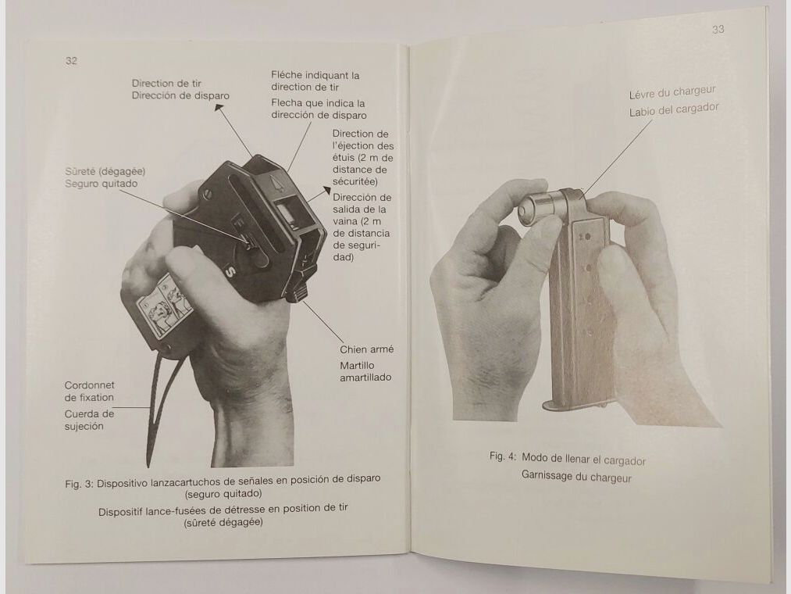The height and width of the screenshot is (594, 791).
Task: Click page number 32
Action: tap(71, 61)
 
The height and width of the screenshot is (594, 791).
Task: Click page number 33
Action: tap(718, 29)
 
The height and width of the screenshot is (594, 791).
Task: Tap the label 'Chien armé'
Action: tap(365, 349)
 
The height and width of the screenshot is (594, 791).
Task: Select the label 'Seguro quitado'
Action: tap(102, 183)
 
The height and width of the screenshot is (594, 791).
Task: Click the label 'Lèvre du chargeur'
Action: tap(672, 94)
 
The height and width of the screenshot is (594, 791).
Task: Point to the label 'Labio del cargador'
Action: tap(673, 110)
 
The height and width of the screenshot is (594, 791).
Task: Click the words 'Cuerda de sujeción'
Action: tap(89, 420)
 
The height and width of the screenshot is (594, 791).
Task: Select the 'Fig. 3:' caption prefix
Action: tap(79, 482)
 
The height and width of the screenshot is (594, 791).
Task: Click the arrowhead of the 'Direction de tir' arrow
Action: tap(218, 109)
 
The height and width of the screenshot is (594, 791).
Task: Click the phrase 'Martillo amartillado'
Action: tap(365, 371)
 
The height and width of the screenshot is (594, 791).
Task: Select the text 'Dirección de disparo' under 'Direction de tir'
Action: tap(180, 95)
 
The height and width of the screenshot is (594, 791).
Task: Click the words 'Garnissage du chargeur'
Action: tap(575, 477)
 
